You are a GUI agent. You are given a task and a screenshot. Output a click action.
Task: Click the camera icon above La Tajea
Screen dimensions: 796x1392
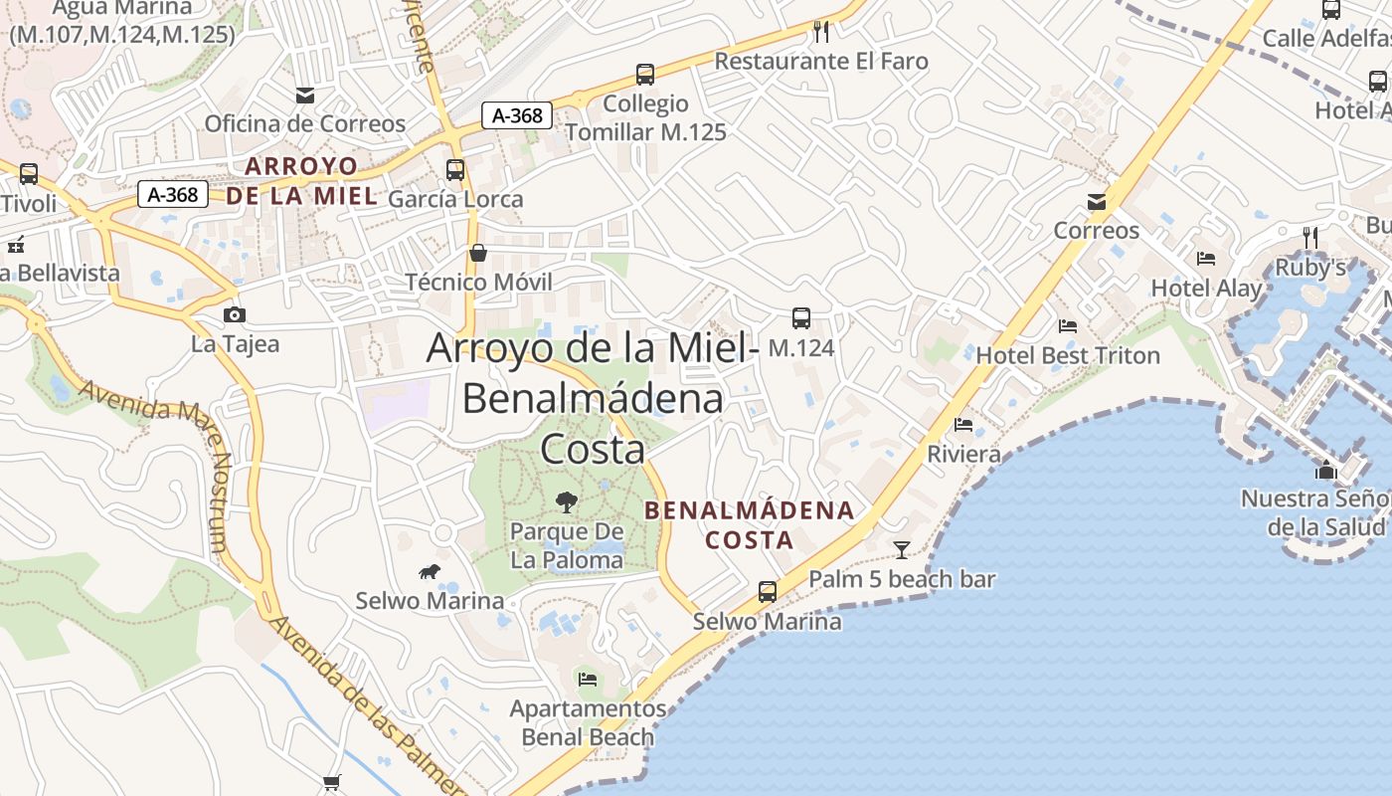235,315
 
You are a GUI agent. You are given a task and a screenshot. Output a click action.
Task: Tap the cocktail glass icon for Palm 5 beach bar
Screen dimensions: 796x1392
902,549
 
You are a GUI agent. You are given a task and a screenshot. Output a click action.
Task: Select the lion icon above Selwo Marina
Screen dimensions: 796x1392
430,572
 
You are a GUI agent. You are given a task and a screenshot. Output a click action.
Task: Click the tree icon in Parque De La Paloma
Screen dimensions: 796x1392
567,502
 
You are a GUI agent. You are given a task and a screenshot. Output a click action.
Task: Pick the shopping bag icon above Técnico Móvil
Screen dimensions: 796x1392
478,253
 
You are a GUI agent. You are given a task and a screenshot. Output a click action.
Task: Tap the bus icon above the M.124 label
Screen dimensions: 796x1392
800,318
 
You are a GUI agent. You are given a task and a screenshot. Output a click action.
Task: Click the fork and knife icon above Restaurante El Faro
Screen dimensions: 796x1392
821,32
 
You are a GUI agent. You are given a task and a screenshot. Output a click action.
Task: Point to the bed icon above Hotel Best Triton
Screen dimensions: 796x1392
1068,326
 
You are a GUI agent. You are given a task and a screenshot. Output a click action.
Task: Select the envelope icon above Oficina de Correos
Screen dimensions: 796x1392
305,96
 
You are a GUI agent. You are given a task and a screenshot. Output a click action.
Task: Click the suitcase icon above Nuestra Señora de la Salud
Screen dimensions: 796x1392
1325,470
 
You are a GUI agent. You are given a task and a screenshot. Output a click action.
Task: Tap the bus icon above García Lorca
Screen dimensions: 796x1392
454,170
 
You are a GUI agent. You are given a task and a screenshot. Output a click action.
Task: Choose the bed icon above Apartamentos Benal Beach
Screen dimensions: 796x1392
588,680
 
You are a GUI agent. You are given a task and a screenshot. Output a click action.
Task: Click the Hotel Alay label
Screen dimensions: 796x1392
1206,289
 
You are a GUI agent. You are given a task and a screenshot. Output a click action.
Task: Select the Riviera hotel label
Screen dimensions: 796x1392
963,455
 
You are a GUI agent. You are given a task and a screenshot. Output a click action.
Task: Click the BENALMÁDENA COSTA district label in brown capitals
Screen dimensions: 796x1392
750,525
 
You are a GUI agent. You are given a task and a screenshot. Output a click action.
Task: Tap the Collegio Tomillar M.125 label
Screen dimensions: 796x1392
645,117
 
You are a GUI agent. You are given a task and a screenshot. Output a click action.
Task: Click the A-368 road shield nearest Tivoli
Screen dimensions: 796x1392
173,195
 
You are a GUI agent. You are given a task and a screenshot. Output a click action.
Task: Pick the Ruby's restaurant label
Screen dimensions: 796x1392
1310,268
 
